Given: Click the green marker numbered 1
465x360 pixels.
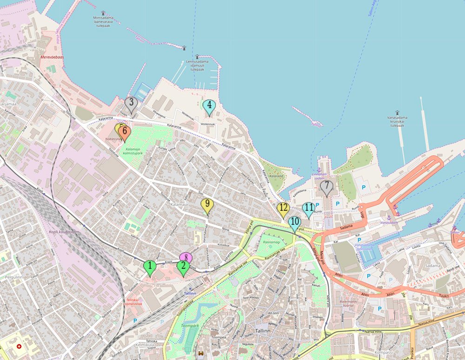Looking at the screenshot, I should pos(149,267).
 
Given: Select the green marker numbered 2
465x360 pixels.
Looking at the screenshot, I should pos(183,267).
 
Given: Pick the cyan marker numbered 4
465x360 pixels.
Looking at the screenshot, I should pos(209,106).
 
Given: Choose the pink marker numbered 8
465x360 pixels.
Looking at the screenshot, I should pos(186,256).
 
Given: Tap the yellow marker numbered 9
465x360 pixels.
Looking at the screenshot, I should pos(207,204).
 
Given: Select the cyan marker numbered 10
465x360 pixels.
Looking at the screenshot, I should pos(294,223).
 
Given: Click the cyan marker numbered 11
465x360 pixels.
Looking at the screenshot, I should pos(308,209).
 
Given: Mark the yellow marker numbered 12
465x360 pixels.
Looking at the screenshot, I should pos(283,209).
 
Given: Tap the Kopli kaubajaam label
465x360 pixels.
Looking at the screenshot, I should pos(64,231).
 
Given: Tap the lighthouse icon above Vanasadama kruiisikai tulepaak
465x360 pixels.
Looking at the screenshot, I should pos(398,113).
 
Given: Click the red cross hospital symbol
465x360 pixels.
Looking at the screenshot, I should pos(19,347).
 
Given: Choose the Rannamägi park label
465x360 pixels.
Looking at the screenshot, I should pos(271,242).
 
